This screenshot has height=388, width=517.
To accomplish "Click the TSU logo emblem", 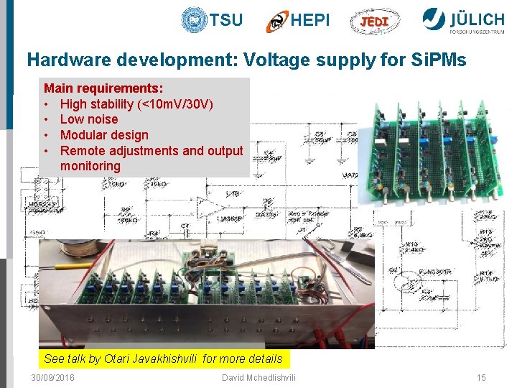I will point(194,19).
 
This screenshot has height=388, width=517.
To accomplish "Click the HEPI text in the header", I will point(310,20).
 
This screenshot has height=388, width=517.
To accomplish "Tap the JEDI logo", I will point(374,21).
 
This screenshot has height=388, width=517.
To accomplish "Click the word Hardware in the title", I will point(59,60).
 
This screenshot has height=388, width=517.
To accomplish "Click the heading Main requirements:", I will point(103,88).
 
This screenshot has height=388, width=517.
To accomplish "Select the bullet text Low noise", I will point(88,119).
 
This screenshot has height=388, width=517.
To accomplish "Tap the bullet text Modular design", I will point(104,135).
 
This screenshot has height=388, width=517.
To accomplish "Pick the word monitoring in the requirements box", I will point(90,166).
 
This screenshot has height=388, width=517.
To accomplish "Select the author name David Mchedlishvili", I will point(258,378).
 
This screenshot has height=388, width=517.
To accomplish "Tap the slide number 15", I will point(481,378).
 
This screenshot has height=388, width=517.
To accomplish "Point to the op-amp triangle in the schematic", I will point(209,208).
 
